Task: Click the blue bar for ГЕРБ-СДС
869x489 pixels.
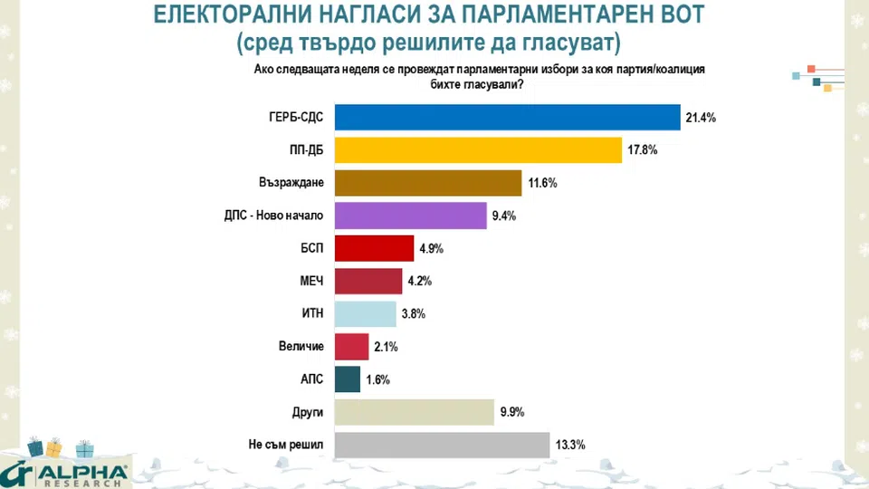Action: click(507, 118)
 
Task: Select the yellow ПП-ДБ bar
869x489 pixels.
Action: click(479, 150)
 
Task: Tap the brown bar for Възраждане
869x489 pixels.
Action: click(428, 183)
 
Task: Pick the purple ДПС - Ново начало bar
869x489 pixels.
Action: click(411, 216)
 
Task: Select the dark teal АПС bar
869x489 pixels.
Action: click(348, 379)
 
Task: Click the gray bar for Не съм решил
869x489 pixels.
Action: click(442, 445)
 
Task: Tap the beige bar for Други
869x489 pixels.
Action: click(414, 412)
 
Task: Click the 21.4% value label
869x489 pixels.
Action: click(701, 119)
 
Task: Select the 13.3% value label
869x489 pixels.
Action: click(570, 446)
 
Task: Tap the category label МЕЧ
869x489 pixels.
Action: click(310, 282)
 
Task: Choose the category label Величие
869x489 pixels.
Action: click(301, 347)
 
